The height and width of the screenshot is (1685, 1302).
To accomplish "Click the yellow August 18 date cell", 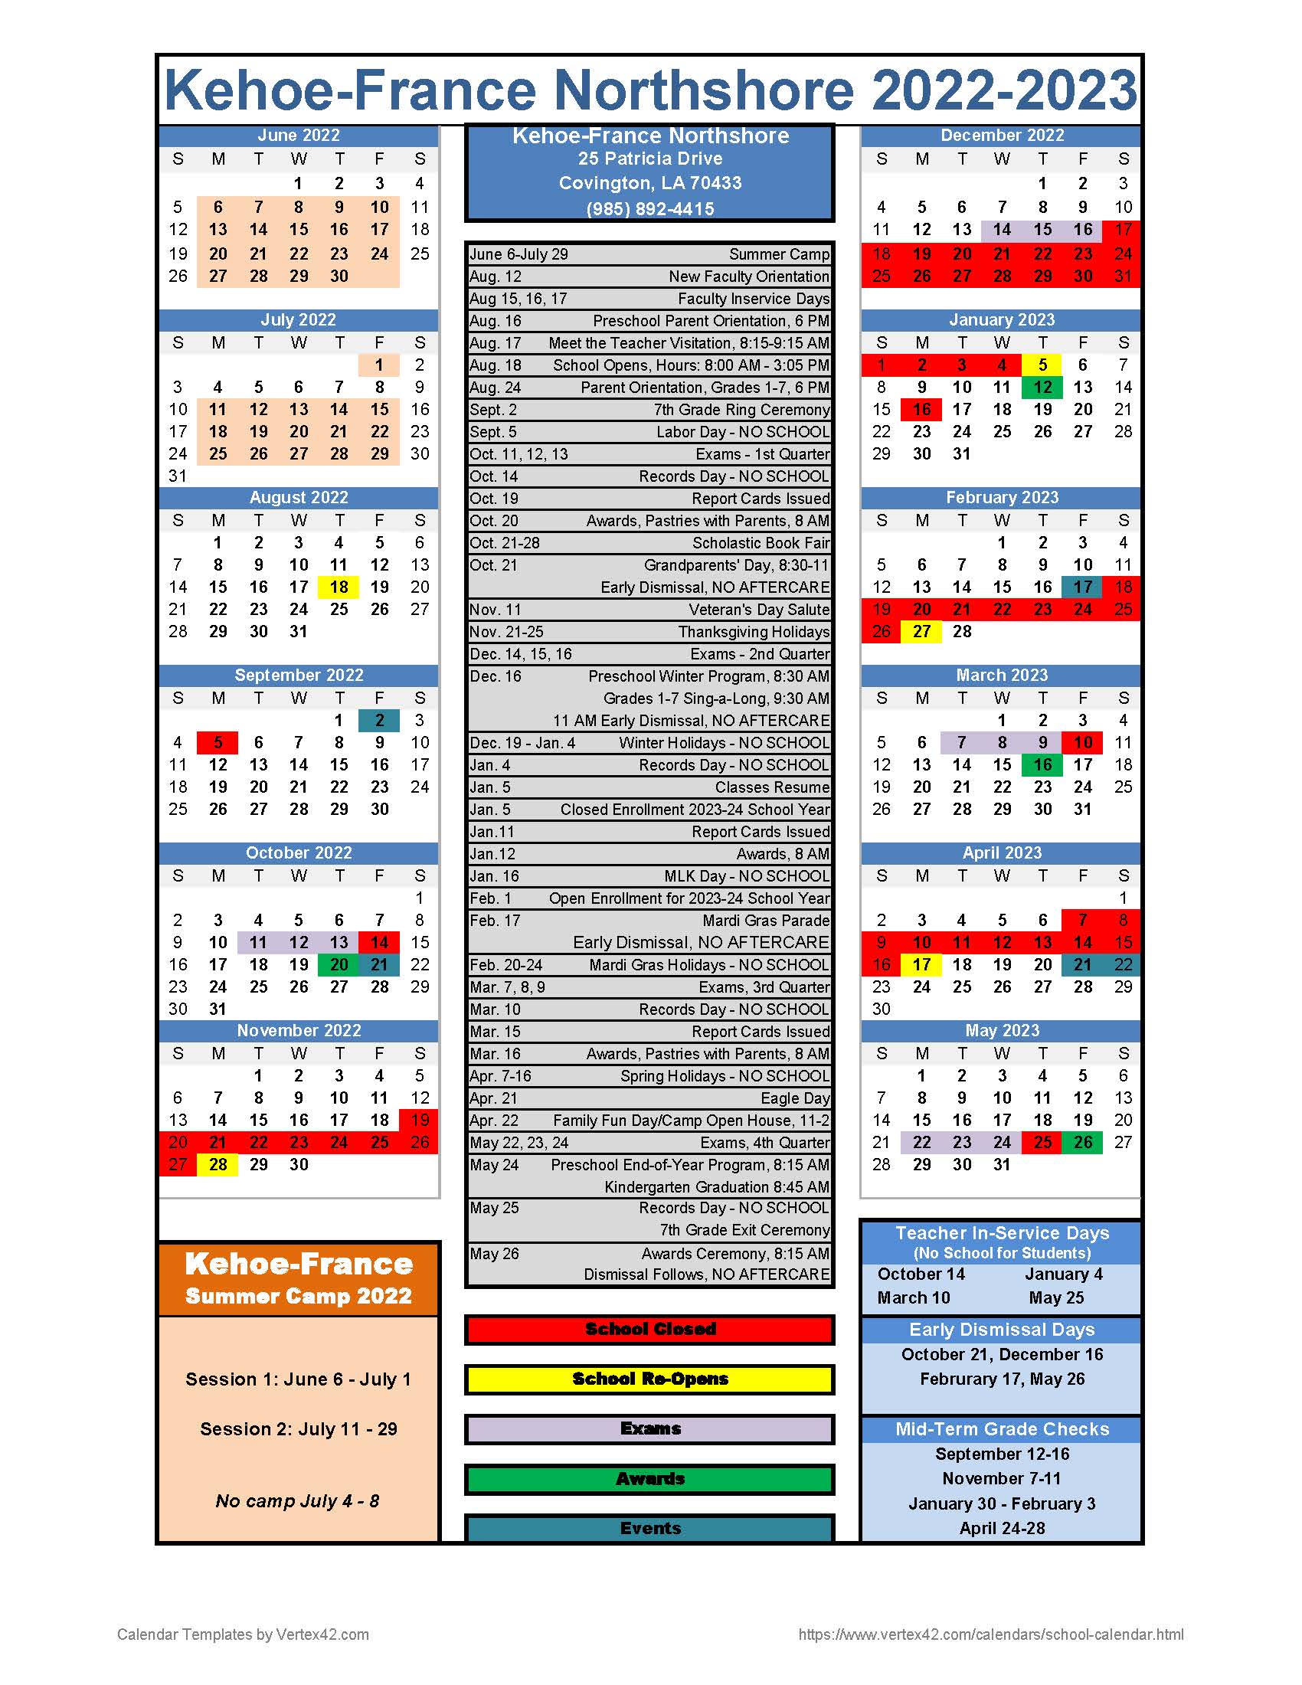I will [x=339, y=587].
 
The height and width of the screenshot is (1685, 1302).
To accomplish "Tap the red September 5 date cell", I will [x=218, y=743].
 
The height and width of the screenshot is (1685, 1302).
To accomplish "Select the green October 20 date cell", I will [x=339, y=965].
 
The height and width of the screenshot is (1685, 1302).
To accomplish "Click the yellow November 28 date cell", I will [x=218, y=1165].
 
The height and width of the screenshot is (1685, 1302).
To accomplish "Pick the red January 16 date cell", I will [x=921, y=410].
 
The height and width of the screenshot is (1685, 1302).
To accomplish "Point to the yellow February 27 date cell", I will [x=921, y=632].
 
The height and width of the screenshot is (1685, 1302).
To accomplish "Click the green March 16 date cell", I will [x=1042, y=765].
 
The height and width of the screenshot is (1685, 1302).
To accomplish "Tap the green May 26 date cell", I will [x=1083, y=1143].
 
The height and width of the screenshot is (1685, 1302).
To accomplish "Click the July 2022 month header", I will [x=299, y=320].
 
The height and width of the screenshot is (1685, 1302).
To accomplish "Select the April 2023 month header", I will [x=1001, y=853].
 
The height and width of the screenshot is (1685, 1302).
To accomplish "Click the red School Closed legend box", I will [x=649, y=1330].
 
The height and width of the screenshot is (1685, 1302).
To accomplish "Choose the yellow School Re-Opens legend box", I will [x=649, y=1379].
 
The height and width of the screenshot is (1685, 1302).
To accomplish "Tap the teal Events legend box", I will [x=649, y=1529].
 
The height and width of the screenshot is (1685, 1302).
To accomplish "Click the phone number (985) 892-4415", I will [x=649, y=209].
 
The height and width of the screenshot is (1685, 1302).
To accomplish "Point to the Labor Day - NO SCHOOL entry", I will [x=742, y=432].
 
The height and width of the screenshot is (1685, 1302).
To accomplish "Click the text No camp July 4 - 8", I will [x=298, y=1501].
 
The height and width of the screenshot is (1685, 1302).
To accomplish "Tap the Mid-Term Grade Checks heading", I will [x=1001, y=1430].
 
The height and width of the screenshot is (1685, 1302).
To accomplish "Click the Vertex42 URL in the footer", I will [x=990, y=1634].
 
